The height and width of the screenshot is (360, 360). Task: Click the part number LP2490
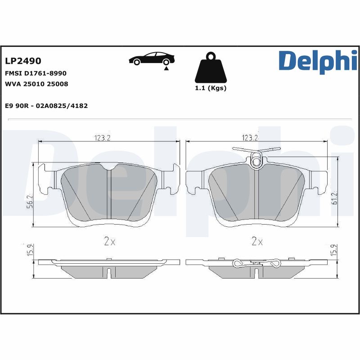(23, 61)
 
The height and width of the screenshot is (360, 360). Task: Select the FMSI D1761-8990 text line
(36, 73)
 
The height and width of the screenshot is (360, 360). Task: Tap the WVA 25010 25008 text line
(36, 84)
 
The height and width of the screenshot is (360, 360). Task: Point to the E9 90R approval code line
(46, 106)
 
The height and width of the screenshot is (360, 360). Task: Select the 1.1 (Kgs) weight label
(210, 88)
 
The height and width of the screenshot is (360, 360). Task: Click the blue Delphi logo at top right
(318, 62)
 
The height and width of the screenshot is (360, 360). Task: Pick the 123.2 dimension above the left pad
(103, 138)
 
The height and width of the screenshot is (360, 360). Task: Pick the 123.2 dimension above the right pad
(250, 138)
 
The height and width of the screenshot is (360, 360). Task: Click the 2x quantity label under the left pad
(109, 242)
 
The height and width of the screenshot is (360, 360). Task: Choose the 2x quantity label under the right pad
(257, 242)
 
